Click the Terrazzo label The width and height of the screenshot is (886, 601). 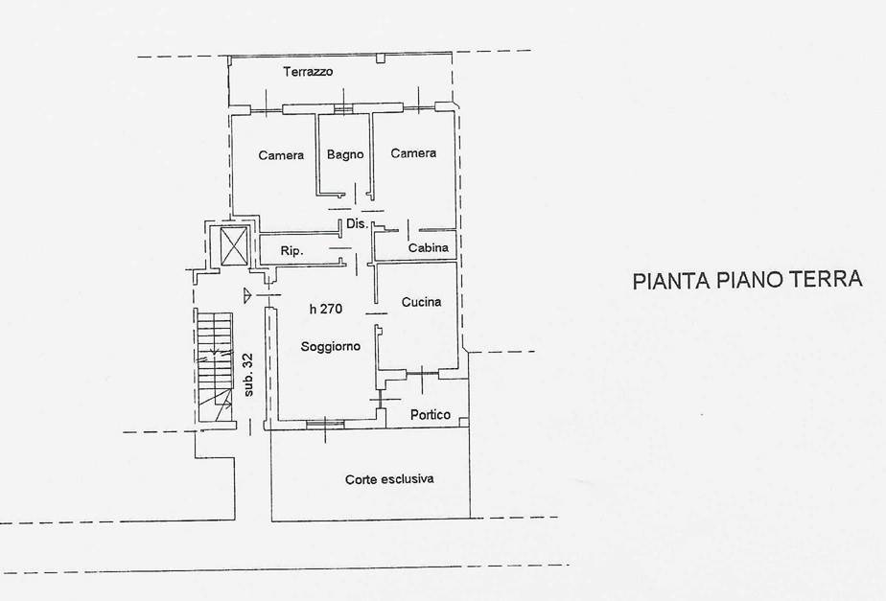click(308, 72)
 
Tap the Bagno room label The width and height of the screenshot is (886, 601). click(344, 154)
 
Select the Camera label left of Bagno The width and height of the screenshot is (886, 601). click(281, 154)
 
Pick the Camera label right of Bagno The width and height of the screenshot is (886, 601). click(413, 153)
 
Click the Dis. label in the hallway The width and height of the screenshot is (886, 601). click(357, 223)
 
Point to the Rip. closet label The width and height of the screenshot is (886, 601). click(291, 251)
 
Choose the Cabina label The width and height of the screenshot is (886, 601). click(429, 247)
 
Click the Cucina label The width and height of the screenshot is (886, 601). click(421, 302)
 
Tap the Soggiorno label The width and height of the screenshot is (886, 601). click(330, 346)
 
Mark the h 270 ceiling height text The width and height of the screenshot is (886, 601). click(326, 309)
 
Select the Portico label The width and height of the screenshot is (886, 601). click(431, 415)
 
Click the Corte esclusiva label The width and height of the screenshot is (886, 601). click(389, 479)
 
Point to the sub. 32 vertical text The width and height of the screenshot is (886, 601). click(248, 375)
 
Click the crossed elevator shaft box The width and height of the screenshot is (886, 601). click(233, 245)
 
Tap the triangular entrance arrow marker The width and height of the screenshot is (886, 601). click(247, 295)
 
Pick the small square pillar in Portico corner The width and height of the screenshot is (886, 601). click(463, 422)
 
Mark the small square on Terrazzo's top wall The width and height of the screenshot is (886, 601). click(381, 58)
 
